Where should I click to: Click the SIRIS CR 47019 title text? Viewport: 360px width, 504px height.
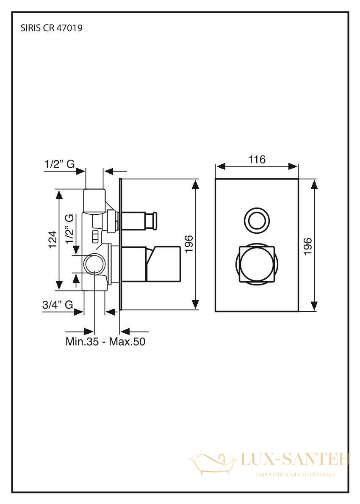click(x=51, y=28)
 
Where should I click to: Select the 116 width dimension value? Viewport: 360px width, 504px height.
click(x=257, y=159)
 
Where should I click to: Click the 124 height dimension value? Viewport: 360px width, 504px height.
click(x=53, y=239)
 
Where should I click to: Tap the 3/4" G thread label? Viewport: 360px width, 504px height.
click(x=58, y=305)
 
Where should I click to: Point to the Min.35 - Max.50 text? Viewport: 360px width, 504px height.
click(x=105, y=341)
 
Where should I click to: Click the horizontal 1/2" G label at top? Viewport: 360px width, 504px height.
click(x=59, y=164)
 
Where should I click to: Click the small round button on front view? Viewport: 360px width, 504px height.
click(x=257, y=220)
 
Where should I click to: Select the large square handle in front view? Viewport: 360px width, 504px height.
click(x=257, y=263)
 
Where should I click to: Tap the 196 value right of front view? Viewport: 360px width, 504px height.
click(x=308, y=246)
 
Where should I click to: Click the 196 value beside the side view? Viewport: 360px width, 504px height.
click(x=188, y=244)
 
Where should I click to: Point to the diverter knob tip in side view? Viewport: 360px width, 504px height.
click(x=155, y=221)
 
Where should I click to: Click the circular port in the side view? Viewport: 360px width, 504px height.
click(x=94, y=263)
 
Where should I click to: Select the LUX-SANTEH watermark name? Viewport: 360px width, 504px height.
click(x=295, y=460)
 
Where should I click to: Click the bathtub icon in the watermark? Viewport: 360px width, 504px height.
click(x=213, y=463)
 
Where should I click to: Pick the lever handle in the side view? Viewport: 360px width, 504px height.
click(x=163, y=263)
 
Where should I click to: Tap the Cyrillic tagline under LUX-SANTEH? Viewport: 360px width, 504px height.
click(x=295, y=475)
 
